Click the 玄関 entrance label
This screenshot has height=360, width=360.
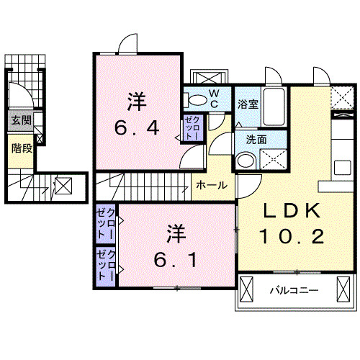pyautogui.click(x=20, y=120)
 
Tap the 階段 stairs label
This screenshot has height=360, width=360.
pyautogui.click(x=20, y=149)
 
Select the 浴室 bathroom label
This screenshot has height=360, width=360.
pyautogui.click(x=248, y=104)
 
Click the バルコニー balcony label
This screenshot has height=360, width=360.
pyautogui.click(x=295, y=292)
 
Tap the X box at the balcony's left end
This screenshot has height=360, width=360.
pyautogui.click(x=247, y=291)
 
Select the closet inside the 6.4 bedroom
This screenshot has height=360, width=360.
pyautogui.click(x=192, y=127)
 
